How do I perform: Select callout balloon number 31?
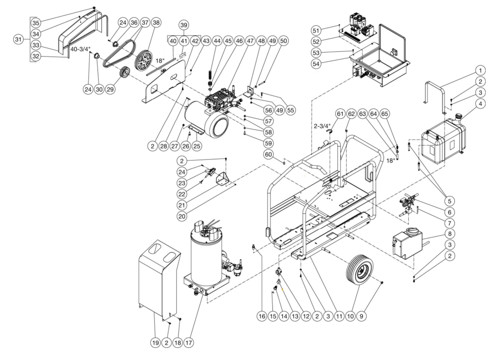pos(19,39)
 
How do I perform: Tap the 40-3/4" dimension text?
pos(80,49)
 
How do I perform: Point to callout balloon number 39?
pos(184,25)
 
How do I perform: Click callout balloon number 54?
pos(316,64)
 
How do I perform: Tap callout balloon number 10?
pos(350,316)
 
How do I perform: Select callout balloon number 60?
pos(269,155)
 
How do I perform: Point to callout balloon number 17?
pos(188,343)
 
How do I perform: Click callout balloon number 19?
pos(155,343)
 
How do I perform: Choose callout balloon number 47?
pos(250,41)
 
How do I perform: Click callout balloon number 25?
pos(197,146)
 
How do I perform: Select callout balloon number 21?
pos(182,205)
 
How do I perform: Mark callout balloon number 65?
pos(385,114)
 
